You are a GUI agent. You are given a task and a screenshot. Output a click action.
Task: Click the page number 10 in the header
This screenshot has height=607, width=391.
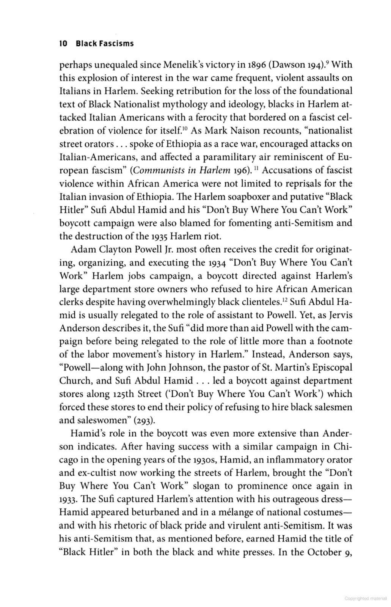pos(63,43)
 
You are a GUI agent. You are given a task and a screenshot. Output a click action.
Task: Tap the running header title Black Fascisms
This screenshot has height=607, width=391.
pos(105,43)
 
